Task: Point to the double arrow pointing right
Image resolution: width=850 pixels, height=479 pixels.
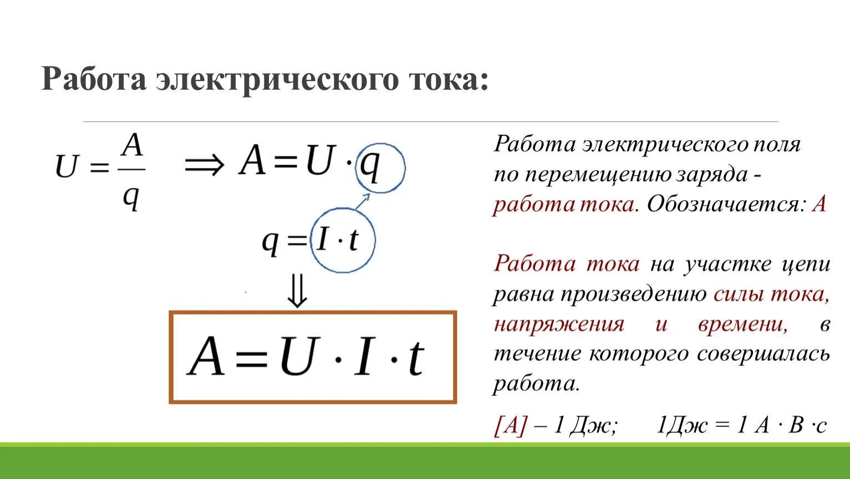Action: (205, 164)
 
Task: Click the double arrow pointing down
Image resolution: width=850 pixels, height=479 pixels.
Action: (298, 292)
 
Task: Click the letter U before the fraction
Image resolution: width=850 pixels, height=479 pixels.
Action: (66, 166)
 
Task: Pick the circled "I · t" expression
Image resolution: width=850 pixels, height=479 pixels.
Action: (338, 240)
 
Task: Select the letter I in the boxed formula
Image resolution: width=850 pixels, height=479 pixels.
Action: (363, 357)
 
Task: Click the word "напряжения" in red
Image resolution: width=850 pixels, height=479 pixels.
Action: (559, 324)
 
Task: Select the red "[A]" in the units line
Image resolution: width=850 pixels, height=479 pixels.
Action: (510, 426)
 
